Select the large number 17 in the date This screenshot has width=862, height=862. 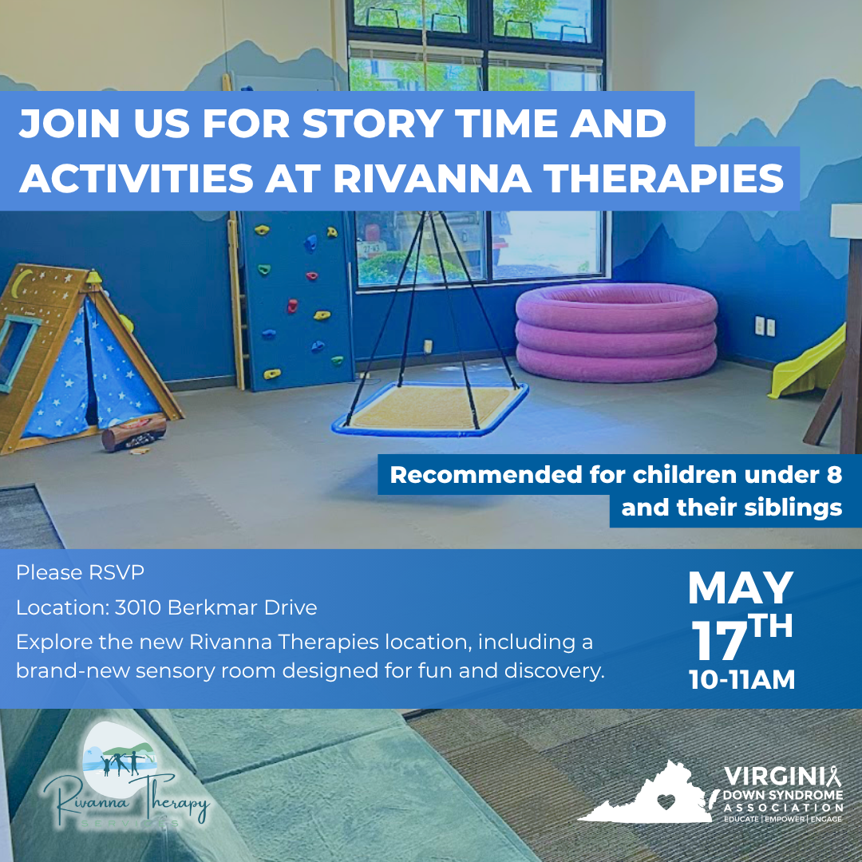pos(716,640)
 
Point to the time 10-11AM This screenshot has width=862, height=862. pos(742,679)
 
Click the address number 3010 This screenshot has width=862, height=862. pos(136,607)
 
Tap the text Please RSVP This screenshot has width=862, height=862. pos(81,572)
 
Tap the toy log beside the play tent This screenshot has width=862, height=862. pos(133,433)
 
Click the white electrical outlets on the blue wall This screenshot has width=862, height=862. pos(765,326)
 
